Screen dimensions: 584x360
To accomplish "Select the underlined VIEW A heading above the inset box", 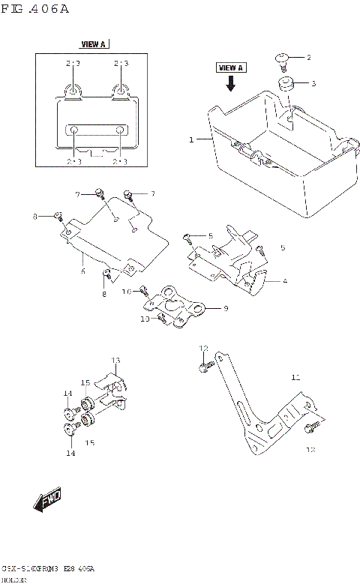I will point(94,44).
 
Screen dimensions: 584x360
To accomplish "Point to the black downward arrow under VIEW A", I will point(231,83).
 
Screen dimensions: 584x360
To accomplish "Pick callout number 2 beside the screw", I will point(307,57).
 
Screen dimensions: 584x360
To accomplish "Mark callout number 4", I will point(286,281).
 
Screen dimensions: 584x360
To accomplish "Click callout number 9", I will point(225,307).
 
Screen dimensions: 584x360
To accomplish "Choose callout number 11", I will point(295,377).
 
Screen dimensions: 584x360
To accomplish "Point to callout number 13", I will point(115,361).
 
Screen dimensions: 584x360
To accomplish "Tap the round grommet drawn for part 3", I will point(284,83).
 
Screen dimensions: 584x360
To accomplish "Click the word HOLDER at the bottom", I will point(13,580).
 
